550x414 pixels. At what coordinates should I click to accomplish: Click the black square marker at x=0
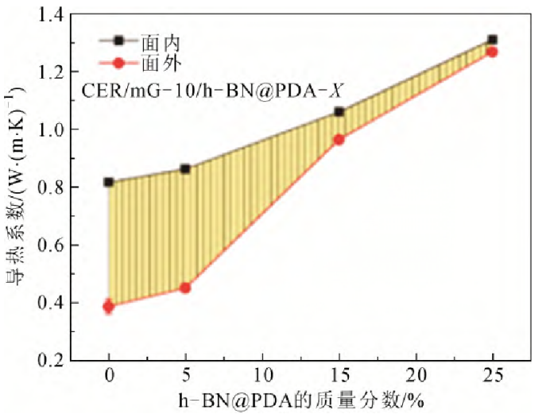click(x=109, y=182)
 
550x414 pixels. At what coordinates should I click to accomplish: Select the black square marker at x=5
click(x=185, y=168)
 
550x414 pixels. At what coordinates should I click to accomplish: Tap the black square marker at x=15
click(x=339, y=112)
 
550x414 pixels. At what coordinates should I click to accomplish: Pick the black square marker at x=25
click(x=492, y=40)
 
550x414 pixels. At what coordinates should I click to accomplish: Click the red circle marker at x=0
click(x=109, y=306)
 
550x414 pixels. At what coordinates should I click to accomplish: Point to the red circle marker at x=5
click(x=185, y=287)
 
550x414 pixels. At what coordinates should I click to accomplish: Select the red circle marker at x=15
click(x=339, y=139)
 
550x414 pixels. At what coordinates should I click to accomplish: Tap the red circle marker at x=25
click(x=492, y=52)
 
